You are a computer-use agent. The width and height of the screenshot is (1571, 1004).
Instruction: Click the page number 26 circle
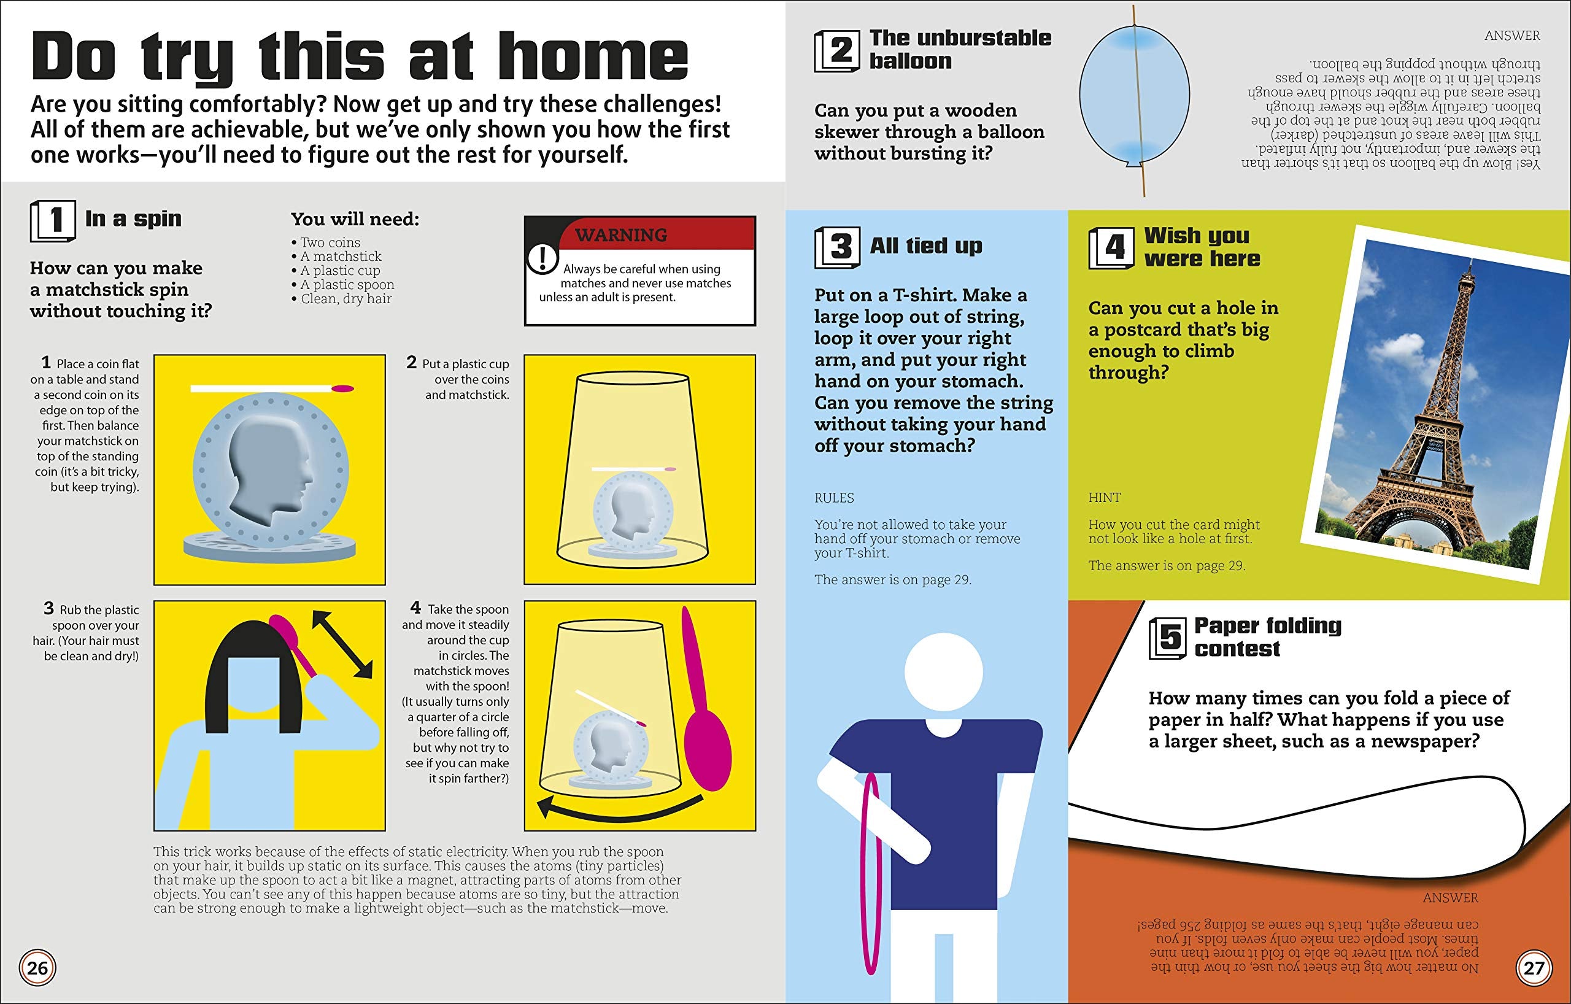click(x=37, y=967)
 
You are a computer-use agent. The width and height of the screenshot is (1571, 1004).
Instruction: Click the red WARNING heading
click(x=620, y=235)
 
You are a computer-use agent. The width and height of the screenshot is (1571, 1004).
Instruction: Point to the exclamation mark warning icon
click(x=541, y=259)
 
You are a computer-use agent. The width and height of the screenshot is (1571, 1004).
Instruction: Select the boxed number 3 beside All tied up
click(x=838, y=247)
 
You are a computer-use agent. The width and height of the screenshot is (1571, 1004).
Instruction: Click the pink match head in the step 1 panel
click(x=342, y=389)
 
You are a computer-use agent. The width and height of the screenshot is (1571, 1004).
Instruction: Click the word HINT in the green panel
click(x=1104, y=498)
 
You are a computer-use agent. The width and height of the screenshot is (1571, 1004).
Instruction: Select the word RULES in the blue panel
click(x=834, y=498)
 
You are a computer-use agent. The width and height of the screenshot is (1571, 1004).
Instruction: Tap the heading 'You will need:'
click(x=355, y=218)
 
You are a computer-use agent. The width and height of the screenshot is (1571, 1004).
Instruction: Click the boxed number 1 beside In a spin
click(x=53, y=220)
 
